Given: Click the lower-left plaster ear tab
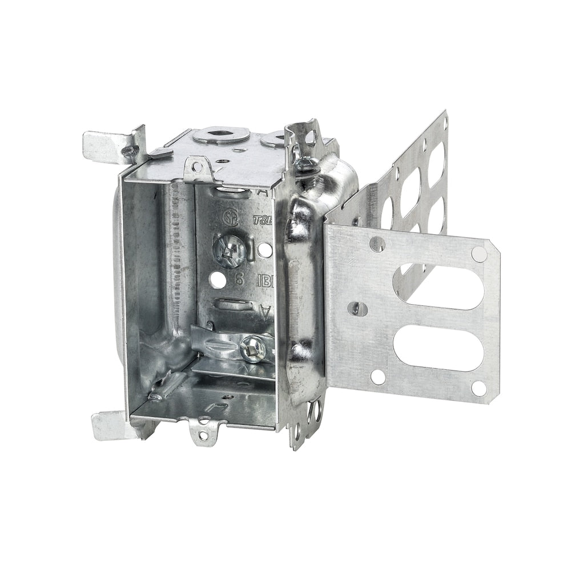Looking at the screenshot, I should click(112, 426).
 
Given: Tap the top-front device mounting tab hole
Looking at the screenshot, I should click(197, 167).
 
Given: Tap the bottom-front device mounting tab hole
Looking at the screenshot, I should click(204, 436).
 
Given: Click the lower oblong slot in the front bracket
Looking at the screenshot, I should click(438, 347).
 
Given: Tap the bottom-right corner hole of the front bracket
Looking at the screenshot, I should click(478, 388).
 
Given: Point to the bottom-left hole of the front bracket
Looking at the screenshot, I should click(377, 376).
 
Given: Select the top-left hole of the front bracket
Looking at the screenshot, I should click(377, 244).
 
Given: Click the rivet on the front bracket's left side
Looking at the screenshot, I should click(357, 308).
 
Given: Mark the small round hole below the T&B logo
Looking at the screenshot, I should click(265, 250).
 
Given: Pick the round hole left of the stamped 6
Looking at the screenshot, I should click(218, 280).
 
